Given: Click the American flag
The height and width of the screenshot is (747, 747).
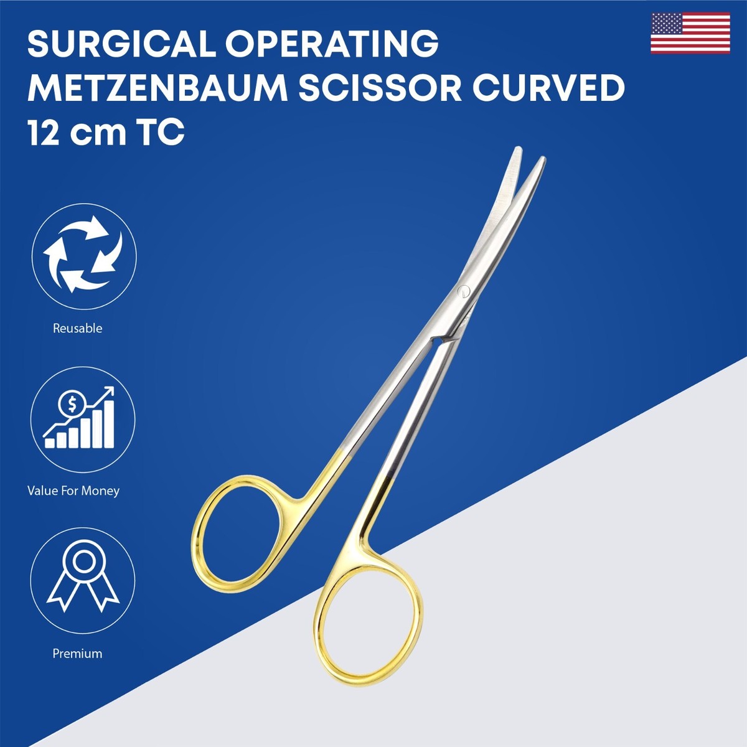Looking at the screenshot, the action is [x=690, y=33].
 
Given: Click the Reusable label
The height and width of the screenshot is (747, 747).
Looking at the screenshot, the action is [x=78, y=329].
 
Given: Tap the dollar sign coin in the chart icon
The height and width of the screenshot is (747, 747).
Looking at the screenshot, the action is [x=72, y=405].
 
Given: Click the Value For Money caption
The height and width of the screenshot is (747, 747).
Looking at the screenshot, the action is [x=73, y=491].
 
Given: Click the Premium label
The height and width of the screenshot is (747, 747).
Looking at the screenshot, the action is [x=78, y=654].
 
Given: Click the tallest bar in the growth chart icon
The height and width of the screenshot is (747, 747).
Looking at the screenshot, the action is [x=110, y=424].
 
